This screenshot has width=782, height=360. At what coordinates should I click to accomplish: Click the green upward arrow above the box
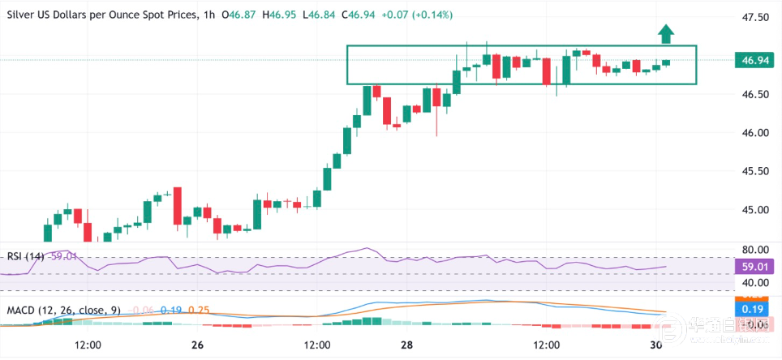point(666,33)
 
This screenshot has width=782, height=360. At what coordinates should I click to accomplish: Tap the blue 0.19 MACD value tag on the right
point(750,308)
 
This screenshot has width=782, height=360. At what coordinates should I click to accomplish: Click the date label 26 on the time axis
point(197,345)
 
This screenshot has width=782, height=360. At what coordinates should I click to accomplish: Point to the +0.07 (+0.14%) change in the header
point(421,15)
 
